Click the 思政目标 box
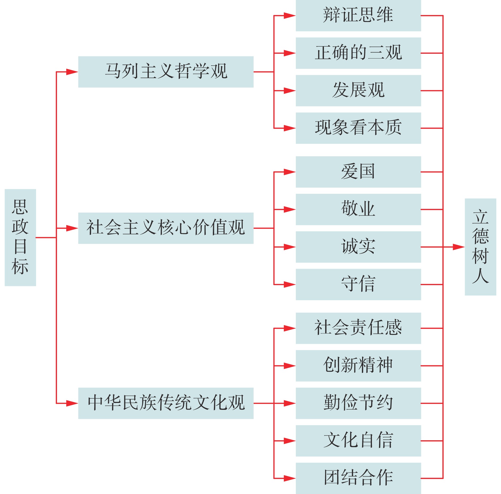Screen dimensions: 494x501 coord(20,237)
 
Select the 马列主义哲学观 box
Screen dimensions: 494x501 coord(166,72)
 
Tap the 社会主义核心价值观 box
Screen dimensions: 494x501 coord(166,228)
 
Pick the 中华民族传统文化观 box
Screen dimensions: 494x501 coord(166,403)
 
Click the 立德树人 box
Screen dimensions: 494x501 coord(480,247)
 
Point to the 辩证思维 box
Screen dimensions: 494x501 coord(358,16)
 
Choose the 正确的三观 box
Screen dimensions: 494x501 coord(358,53)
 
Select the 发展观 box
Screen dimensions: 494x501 coord(358,91)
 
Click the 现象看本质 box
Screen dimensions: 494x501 coord(358,128)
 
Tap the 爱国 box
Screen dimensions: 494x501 coord(358,172)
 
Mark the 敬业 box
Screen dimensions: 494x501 coord(358,209)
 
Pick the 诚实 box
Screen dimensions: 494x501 coord(358,247)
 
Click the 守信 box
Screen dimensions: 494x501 coord(358,284)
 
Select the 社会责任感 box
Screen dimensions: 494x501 coord(358,328)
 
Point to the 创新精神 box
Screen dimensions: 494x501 coord(358,366)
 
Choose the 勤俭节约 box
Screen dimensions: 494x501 coord(358,403)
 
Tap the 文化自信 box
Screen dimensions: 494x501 coord(358,441)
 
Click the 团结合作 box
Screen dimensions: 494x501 coord(358,478)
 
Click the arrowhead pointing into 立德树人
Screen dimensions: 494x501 coord(459,247)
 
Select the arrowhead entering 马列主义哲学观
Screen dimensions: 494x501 coord(72,72)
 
